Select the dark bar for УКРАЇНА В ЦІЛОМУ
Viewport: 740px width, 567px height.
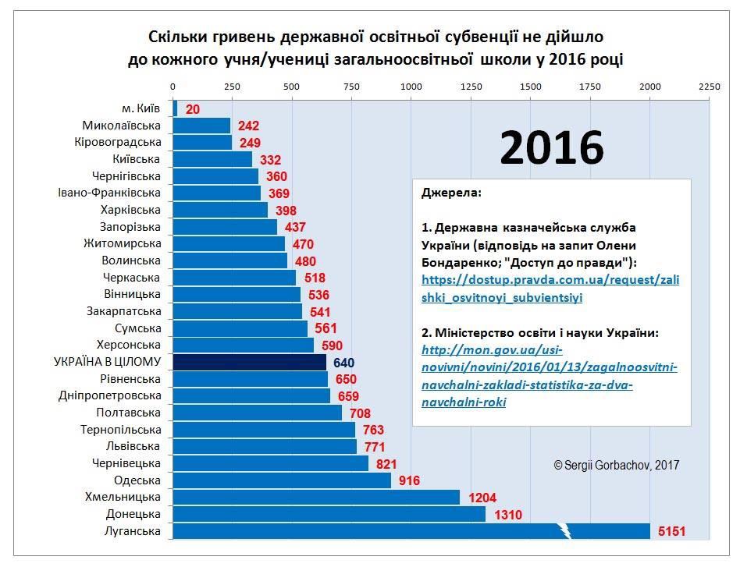point(250,362)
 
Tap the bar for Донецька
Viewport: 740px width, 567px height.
point(329,514)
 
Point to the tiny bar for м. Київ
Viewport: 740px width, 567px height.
point(176,108)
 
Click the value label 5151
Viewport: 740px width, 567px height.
point(671,532)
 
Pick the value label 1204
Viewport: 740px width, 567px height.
point(482,498)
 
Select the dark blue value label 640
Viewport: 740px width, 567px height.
point(344,363)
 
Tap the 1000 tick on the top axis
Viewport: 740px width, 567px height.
point(411,87)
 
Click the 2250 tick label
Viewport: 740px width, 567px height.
point(709,87)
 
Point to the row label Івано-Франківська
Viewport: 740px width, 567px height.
point(109,193)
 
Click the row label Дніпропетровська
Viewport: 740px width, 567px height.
point(110,395)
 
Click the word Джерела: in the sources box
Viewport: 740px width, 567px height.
point(451,192)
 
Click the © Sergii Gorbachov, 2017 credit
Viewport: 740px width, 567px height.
point(616,465)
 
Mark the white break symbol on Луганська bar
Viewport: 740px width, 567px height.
point(566,531)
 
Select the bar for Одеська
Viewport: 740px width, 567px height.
point(281,480)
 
